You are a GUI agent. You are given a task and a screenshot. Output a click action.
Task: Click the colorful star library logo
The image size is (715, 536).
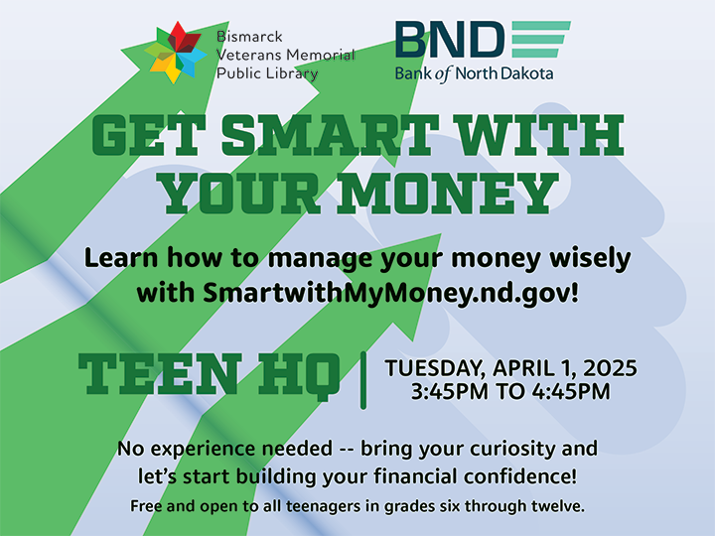coord(177,52)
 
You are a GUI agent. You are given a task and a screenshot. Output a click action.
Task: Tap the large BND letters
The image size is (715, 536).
coord(449,39)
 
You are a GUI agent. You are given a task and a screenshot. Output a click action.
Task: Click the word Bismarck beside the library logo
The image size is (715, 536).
coord(250,37)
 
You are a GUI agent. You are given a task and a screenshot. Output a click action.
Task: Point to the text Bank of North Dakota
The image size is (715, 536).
coord(474,72)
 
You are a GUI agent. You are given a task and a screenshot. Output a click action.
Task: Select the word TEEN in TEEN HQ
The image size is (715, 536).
coord(164,373)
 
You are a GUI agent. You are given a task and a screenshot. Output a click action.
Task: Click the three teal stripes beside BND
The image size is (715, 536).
coord(540,39)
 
